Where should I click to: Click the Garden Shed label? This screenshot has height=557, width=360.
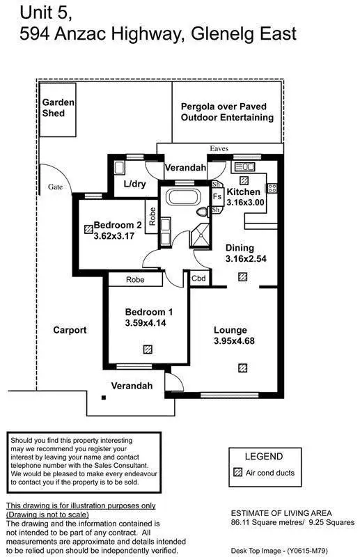point(58,107)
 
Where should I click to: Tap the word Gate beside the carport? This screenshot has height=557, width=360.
point(56,187)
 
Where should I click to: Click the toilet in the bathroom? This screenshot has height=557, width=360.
point(203,212)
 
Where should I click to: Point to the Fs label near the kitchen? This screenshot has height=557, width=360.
point(217,197)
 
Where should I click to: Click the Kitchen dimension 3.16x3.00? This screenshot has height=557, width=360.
point(246,203)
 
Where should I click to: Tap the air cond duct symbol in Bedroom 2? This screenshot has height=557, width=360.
point(88,227)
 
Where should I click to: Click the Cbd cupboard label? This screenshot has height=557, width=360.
point(198,278)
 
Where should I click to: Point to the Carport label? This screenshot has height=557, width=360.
point(70,330)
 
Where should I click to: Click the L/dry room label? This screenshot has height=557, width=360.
point(135,184)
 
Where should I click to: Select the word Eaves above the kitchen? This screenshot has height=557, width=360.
point(219,148)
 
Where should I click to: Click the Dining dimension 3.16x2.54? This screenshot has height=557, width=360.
point(246,258)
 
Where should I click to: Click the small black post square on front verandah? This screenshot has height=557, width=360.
point(103,398)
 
